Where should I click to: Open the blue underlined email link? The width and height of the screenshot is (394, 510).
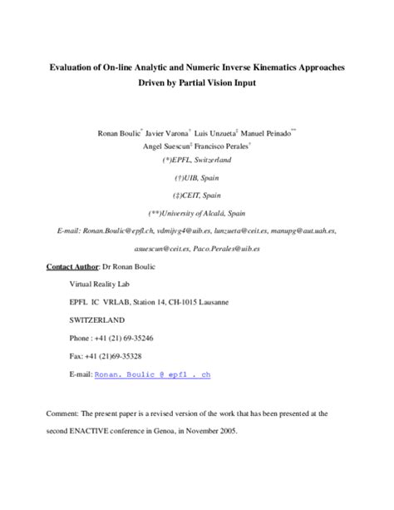coord(153,375)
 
